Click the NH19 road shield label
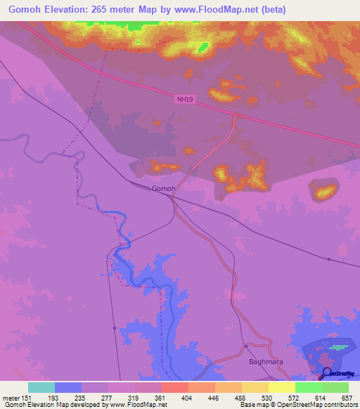click(184, 100)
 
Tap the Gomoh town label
click(163, 189)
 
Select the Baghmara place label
click(264, 363)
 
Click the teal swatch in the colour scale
click(41, 387)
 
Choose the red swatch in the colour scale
click(174, 387)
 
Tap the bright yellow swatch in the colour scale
click(281, 387)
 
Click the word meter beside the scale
click(11, 398)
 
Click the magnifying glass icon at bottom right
click(326, 372)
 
